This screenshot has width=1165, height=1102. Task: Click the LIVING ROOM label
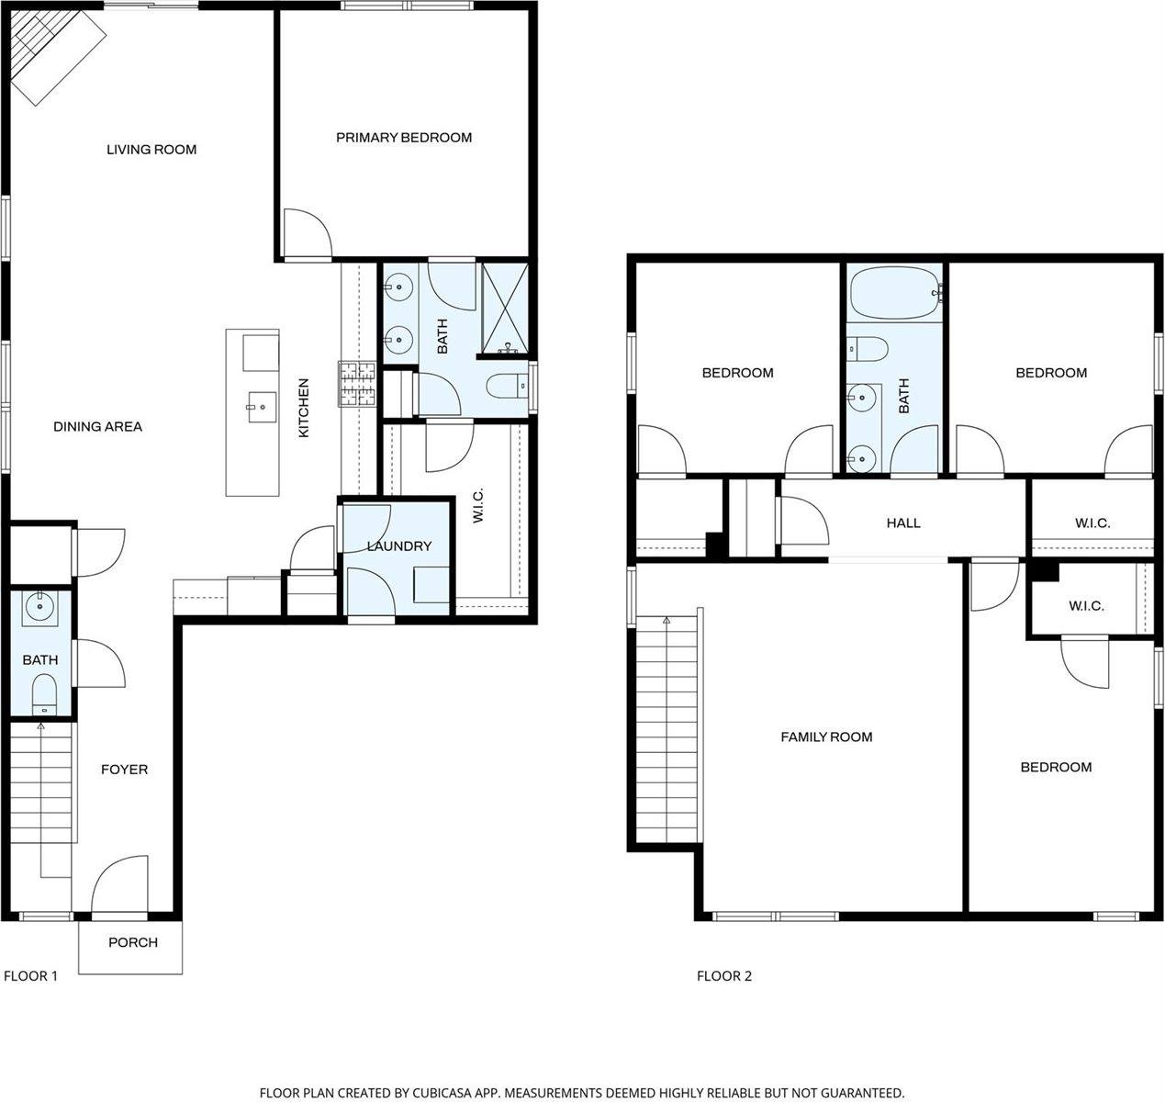click(x=151, y=150)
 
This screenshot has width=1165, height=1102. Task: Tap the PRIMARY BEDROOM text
click(x=404, y=138)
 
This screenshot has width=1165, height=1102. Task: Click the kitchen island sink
click(x=261, y=405)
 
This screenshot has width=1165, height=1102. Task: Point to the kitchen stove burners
click(x=356, y=384)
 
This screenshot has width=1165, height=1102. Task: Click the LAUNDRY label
click(x=398, y=546)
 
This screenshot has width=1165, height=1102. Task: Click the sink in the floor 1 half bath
click(x=41, y=607)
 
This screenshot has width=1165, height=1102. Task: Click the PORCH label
click(x=133, y=942)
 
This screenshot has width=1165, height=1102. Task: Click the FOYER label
click(x=124, y=770)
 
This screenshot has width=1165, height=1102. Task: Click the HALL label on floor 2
click(x=903, y=523)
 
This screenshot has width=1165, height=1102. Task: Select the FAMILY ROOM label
click(x=826, y=737)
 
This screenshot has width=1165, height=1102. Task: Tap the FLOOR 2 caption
click(x=724, y=976)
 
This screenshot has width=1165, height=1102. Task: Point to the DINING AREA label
click(x=97, y=427)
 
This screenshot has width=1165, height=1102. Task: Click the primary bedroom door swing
click(x=307, y=233)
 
